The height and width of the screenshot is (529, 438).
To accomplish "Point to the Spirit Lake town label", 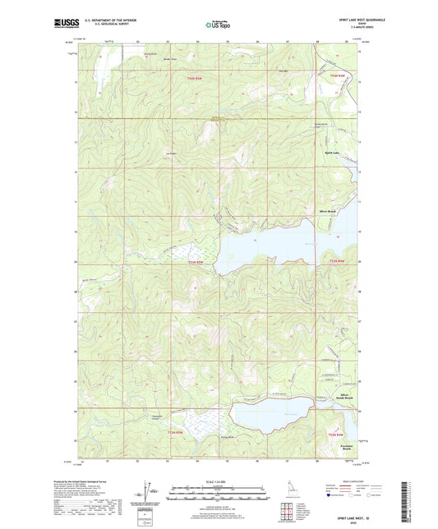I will pos(327,153).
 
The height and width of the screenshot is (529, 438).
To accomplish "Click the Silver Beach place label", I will pos(328,211).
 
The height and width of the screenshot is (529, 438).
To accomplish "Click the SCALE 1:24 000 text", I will pos(218,481).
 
